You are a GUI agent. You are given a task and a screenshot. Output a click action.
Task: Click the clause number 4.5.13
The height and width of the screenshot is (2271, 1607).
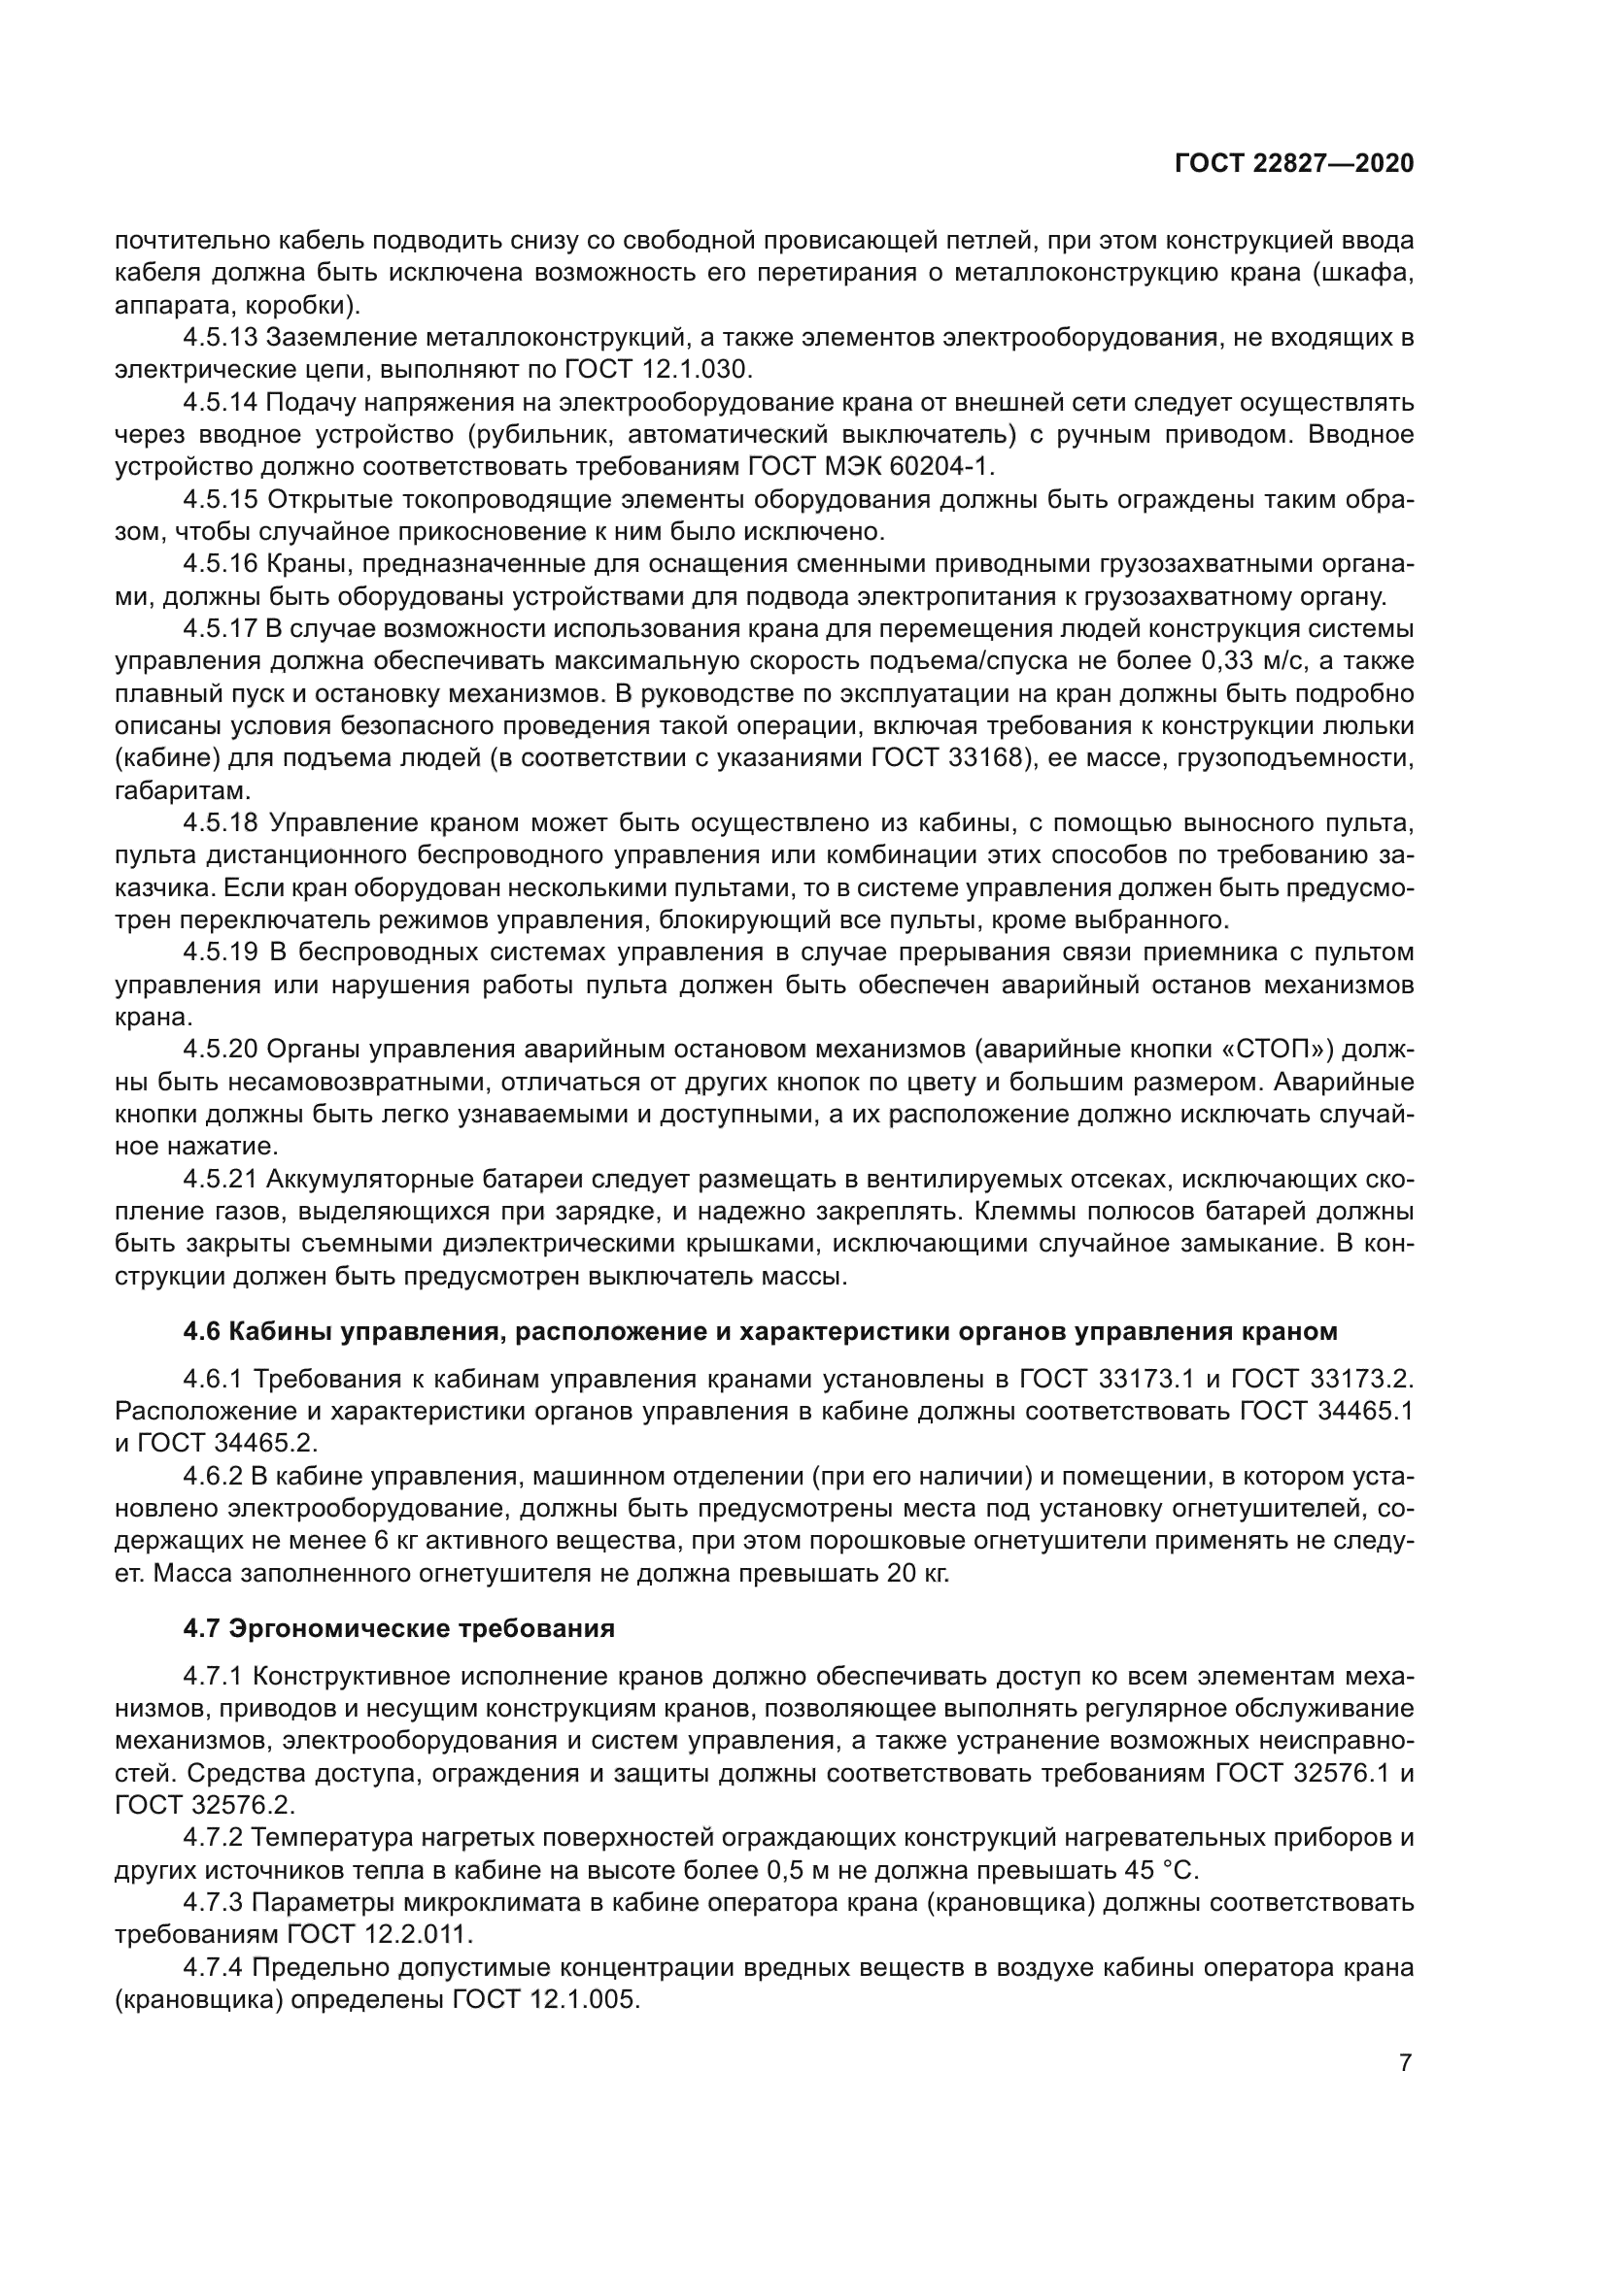click(x=220, y=337)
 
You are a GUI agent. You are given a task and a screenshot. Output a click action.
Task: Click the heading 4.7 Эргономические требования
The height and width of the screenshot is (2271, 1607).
click(x=398, y=1629)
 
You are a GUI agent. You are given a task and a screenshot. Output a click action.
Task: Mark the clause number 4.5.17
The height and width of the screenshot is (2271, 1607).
click(x=220, y=628)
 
